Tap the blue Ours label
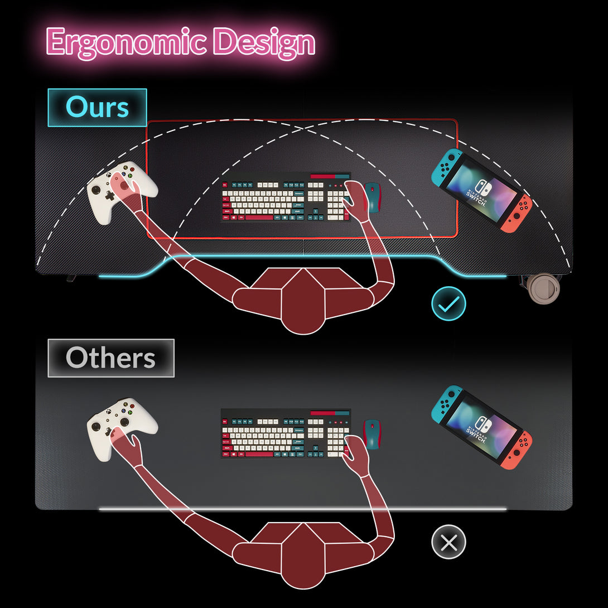pos(97,107)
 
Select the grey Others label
pos(110,358)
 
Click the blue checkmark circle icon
pos(448,303)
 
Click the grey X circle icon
pos(448,542)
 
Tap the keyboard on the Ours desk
pos(286,197)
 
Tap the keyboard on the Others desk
pos(286,434)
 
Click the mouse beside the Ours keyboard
pos(372,197)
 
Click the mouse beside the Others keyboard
pos(371,434)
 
